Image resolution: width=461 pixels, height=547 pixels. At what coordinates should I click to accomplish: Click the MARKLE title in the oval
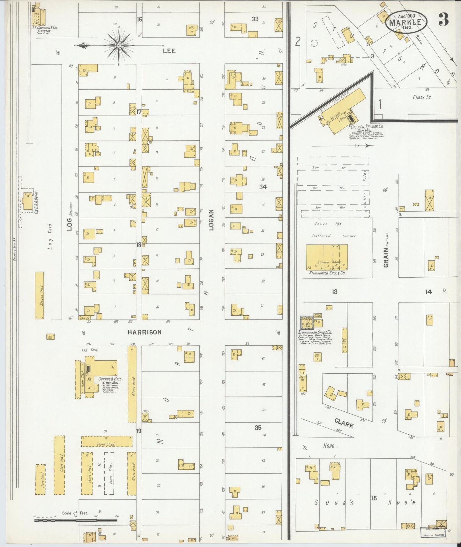coord(407,22)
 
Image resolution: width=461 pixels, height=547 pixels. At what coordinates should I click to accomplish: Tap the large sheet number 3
coord(443,20)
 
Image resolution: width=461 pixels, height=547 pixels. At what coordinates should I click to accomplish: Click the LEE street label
coord(169,51)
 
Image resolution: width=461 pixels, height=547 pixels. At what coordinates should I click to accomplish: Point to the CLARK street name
coord(344,423)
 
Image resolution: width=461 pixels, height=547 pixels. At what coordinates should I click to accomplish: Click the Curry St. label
coord(422,97)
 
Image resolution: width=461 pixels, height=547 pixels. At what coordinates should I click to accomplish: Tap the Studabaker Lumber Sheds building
coord(326,258)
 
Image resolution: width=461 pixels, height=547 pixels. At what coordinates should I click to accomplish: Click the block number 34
coord(263,187)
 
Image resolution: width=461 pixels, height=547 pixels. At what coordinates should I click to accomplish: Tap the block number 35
coord(258,428)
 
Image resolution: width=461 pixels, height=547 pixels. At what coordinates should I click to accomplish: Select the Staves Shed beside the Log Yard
coord(39,295)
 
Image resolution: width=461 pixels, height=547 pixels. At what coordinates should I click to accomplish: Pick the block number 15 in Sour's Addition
coord(374,498)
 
